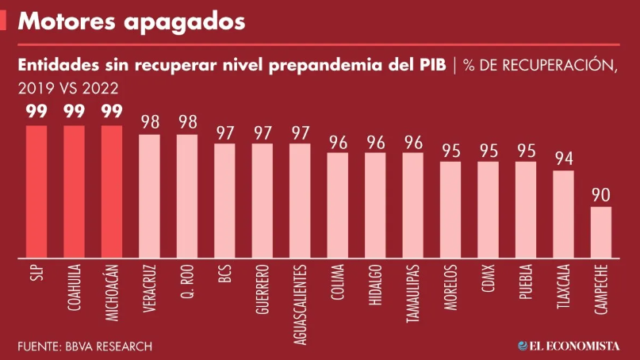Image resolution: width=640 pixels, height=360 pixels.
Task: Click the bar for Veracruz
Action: pos(149,197)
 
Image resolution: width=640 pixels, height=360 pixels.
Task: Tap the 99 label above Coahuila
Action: pos(74,112)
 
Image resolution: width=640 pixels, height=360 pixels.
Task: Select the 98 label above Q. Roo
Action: pos(187,122)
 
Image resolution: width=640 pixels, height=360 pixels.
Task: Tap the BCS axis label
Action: pos(224,275)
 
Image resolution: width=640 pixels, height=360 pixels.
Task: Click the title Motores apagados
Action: pos(131,21)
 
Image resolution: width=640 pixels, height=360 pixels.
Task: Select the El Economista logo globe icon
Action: pos(523,347)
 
